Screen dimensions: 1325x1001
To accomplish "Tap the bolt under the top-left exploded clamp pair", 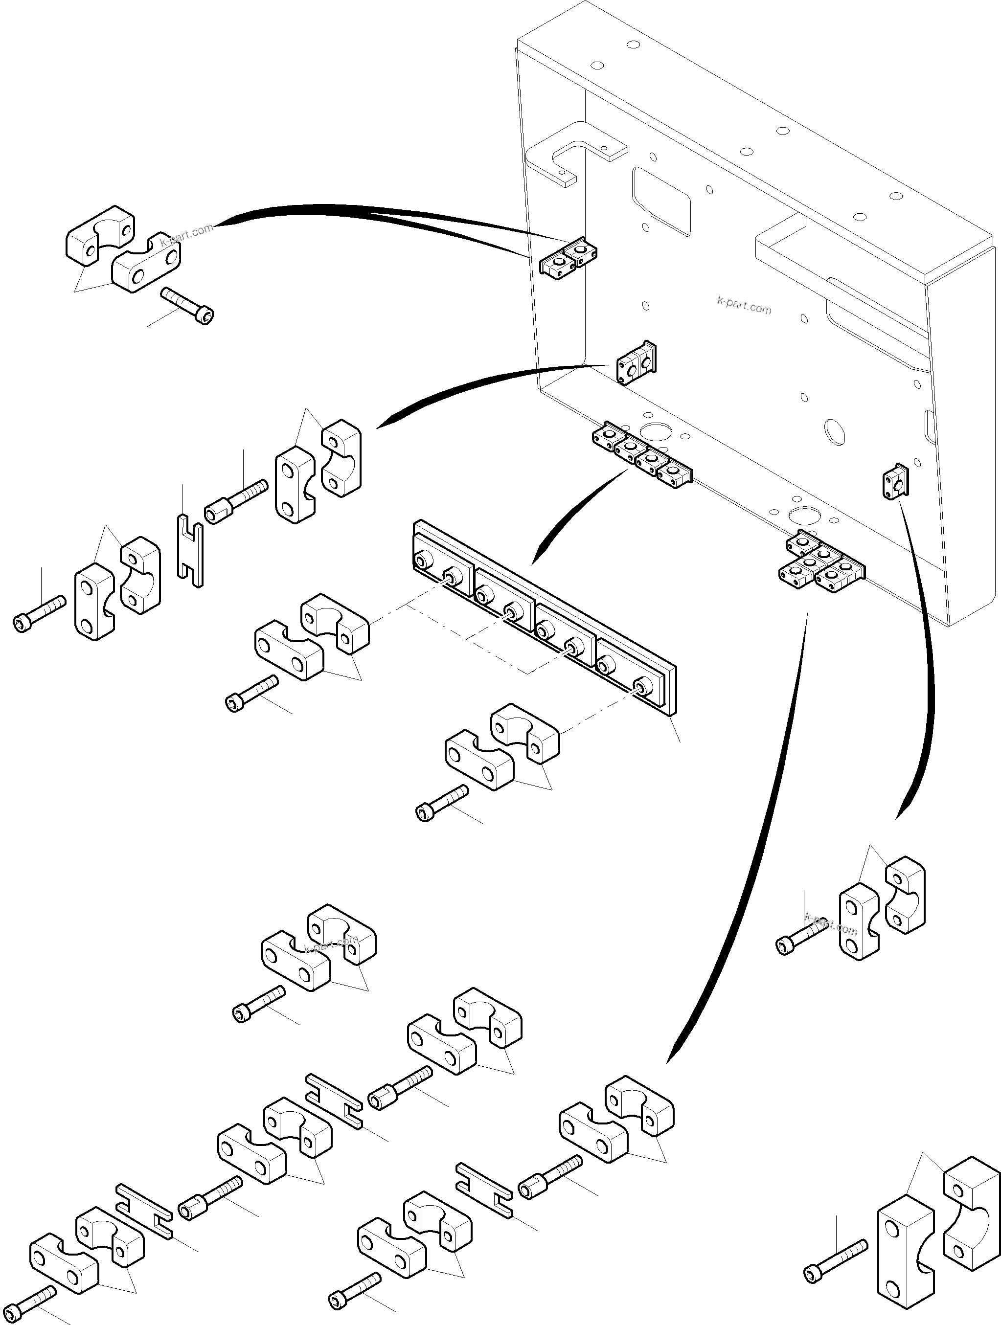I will point(187,305).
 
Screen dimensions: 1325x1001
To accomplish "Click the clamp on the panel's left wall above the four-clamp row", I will point(636,363).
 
